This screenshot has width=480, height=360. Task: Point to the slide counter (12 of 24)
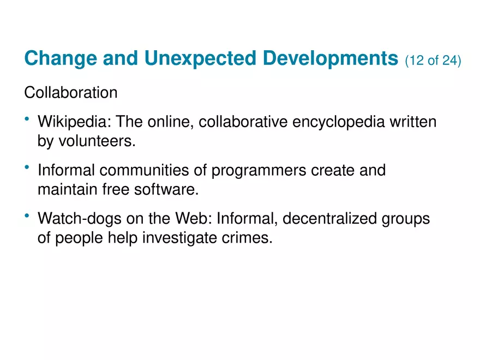tap(433, 60)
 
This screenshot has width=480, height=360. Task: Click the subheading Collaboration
tap(70, 93)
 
